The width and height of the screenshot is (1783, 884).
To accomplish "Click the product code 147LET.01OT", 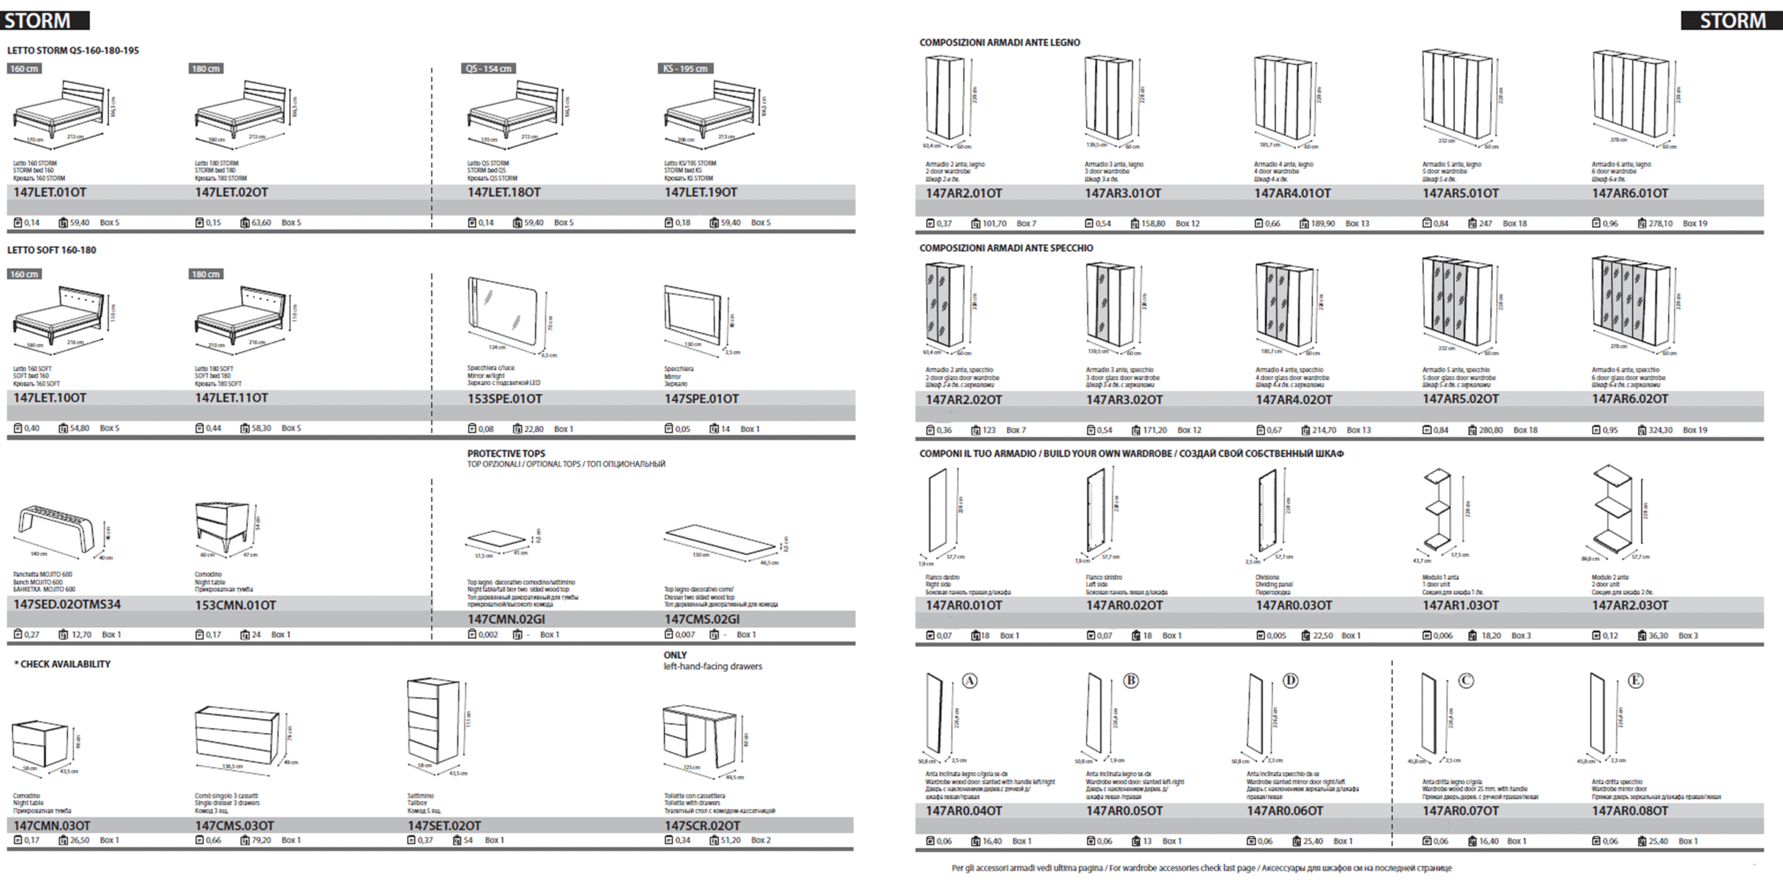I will tap(49, 192).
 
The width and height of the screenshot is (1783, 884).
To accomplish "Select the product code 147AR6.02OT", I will tap(1630, 399).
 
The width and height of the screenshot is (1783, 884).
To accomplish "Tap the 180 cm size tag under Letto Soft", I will tap(206, 274).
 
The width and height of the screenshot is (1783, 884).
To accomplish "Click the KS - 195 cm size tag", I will tap(685, 68).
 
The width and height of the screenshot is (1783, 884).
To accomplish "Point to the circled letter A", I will tap(970, 681).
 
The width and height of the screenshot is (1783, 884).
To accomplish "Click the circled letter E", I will tap(1635, 681).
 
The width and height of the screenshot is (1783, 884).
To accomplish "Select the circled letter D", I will tap(1291, 681).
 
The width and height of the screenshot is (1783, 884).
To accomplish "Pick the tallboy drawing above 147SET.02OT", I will tap(433, 721).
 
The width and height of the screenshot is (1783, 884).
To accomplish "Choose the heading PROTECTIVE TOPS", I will tap(506, 453).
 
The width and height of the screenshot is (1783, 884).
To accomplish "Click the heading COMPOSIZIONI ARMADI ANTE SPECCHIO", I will tap(1006, 248).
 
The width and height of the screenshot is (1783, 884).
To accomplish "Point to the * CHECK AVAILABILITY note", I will tap(63, 664).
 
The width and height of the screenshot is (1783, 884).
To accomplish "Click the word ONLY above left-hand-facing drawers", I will tap(675, 655).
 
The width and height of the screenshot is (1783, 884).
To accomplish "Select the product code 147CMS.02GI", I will tap(701, 619).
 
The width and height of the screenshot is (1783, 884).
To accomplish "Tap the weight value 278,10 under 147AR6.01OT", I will tap(1660, 223).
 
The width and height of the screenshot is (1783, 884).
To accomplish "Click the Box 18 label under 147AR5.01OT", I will tap(1514, 223).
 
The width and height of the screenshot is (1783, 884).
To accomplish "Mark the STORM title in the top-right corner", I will tap(1732, 21).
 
